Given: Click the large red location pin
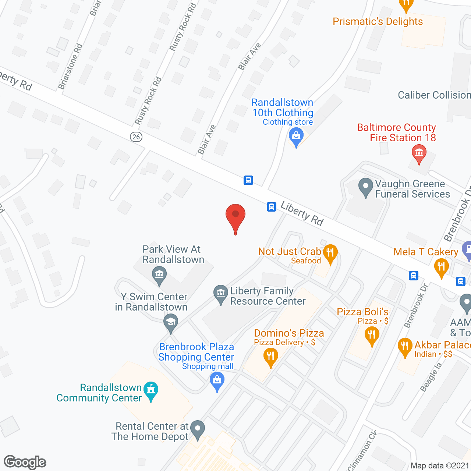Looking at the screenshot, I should pyautogui.click(x=235, y=217).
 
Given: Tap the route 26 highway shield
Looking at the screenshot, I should pyautogui.click(x=136, y=137).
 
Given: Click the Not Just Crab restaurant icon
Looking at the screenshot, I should pyautogui.click(x=330, y=253).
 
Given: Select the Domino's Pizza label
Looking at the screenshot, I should pyautogui.click(x=289, y=333).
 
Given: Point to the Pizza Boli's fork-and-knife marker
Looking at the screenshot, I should pyautogui.click(x=372, y=336).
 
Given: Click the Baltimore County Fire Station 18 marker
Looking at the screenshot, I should pyautogui.click(x=419, y=153).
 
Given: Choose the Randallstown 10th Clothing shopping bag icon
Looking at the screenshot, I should pyautogui.click(x=296, y=137).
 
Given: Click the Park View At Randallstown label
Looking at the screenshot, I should pyautogui.click(x=173, y=254).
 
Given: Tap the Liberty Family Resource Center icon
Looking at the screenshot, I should pyautogui.click(x=221, y=294).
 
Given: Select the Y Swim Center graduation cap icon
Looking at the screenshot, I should pyautogui.click(x=170, y=322).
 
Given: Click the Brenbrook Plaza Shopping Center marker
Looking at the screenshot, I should pyautogui.click(x=217, y=380).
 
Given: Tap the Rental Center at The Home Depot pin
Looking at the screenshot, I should pyautogui.click(x=198, y=429).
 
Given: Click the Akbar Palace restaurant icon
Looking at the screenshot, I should pyautogui.click(x=405, y=347).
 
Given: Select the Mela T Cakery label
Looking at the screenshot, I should pyautogui.click(x=426, y=252).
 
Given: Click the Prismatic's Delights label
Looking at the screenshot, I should pyautogui.click(x=378, y=22).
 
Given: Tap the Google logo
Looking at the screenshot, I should pyautogui.click(x=25, y=462).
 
